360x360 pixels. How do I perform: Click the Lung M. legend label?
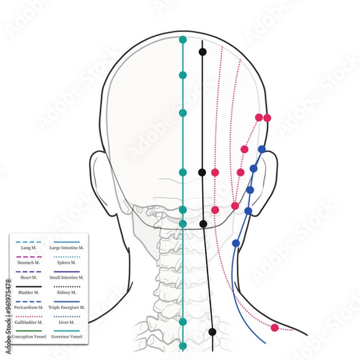click(x=28, y=247)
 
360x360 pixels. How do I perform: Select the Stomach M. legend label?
click(x=28, y=263)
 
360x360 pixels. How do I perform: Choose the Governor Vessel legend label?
click(x=67, y=338)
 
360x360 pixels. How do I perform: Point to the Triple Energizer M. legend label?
click(x=67, y=308)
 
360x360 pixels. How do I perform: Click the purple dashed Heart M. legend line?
click(x=28, y=271)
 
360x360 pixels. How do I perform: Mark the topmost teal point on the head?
click(x=183, y=40)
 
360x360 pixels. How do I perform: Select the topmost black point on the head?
click(x=203, y=52)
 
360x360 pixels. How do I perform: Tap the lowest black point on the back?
click(x=212, y=332)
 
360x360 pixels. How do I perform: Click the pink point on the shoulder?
click(x=275, y=328)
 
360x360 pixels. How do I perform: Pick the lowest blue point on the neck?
click(x=236, y=243)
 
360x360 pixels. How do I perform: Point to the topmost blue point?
click(x=262, y=149)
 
